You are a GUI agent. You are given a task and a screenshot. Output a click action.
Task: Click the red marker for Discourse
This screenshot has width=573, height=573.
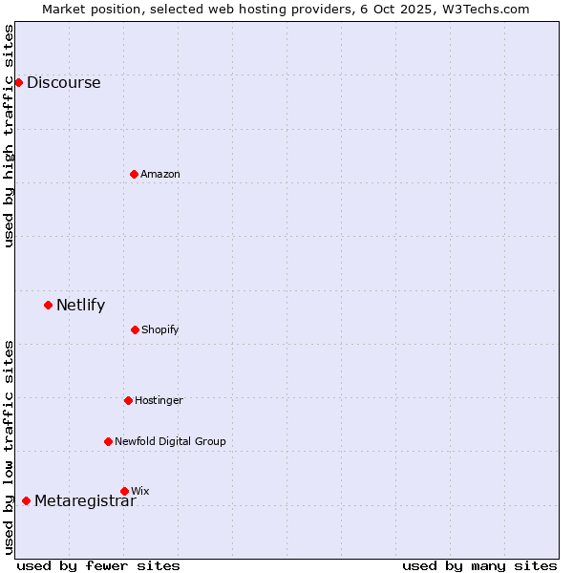(18, 82)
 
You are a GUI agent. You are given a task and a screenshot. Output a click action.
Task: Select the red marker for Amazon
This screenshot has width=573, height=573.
(134, 174)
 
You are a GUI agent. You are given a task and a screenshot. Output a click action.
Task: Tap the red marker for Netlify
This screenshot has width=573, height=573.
(48, 306)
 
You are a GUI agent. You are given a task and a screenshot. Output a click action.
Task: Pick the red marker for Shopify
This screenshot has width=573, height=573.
(135, 329)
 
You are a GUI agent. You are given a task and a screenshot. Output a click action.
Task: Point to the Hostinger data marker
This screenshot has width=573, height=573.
(128, 400)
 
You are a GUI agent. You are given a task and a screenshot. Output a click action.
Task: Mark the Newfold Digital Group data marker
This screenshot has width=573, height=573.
(108, 441)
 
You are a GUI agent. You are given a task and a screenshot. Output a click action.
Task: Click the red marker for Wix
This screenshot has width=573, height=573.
(124, 491)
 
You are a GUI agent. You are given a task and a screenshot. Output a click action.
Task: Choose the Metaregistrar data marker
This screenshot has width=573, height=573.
(26, 500)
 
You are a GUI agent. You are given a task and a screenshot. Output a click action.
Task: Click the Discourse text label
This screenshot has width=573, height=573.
(64, 82)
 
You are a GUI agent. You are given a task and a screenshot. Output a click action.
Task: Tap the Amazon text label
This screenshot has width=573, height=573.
(160, 174)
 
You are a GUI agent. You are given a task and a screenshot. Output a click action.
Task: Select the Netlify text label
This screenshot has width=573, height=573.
(81, 306)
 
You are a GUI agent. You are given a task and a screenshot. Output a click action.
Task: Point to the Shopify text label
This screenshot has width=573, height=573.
(160, 329)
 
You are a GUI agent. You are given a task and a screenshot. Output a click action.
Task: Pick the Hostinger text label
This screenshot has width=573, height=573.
(159, 400)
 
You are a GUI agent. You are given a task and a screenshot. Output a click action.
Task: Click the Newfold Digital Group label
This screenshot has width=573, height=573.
(170, 441)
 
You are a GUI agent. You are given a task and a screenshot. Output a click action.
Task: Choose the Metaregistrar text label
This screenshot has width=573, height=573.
(85, 500)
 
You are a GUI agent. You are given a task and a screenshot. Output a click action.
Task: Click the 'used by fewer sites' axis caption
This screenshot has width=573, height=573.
(98, 565)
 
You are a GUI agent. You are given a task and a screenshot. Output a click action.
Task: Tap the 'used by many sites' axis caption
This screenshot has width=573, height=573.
(479, 565)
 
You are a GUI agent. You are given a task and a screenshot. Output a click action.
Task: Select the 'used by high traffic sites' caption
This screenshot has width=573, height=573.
(10, 136)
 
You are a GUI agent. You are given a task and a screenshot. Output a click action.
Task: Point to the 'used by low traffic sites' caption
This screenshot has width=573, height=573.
(10, 447)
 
